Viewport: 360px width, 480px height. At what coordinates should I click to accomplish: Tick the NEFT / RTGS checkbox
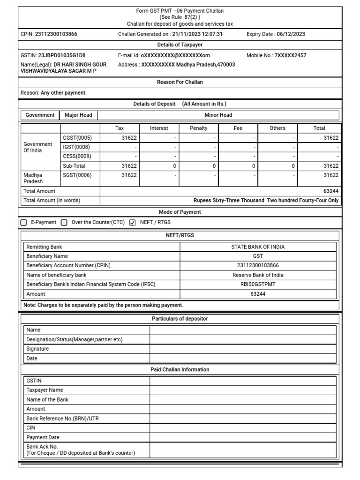(x=132, y=223)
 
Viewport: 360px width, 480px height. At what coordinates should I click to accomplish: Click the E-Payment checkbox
(x=24, y=223)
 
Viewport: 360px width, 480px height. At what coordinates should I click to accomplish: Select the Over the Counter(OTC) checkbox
(x=64, y=223)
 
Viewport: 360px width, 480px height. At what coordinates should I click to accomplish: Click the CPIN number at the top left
(x=56, y=34)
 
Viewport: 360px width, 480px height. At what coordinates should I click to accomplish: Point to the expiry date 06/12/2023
(x=291, y=34)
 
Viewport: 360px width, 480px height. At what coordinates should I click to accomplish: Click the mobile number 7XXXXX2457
(x=290, y=55)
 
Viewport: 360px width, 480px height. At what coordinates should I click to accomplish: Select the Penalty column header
(x=198, y=128)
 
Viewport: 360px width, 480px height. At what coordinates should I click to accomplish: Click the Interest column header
(x=159, y=128)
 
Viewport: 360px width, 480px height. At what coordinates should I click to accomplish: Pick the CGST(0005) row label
(x=77, y=138)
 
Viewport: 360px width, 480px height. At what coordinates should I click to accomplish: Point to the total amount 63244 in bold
(x=330, y=191)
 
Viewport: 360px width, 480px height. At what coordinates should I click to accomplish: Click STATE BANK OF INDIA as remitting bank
(x=258, y=247)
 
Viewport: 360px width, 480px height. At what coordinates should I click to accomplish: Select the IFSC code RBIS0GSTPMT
(x=258, y=285)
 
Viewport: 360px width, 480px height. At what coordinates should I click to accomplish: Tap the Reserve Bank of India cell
(x=258, y=275)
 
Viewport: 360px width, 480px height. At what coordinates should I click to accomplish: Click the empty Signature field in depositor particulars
(x=243, y=349)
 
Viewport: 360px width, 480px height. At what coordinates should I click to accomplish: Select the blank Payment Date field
(x=243, y=437)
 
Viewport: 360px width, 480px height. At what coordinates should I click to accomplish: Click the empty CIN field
(x=243, y=427)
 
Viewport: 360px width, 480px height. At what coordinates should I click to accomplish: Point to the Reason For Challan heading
(x=180, y=82)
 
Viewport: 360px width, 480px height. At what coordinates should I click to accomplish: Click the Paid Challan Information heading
(x=180, y=370)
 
